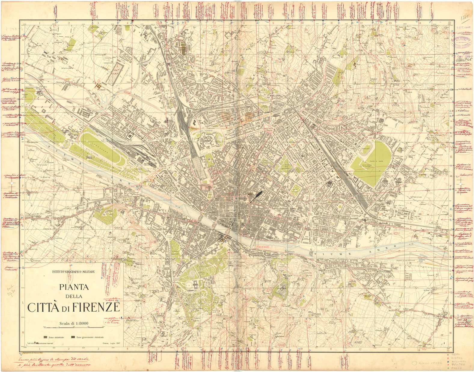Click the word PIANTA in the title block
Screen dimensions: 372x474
point(74,287)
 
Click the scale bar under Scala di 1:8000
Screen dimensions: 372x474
point(74,327)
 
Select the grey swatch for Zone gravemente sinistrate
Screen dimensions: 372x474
point(73,337)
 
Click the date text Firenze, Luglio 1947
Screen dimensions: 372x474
point(111,343)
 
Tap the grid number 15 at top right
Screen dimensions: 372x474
point(449,23)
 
